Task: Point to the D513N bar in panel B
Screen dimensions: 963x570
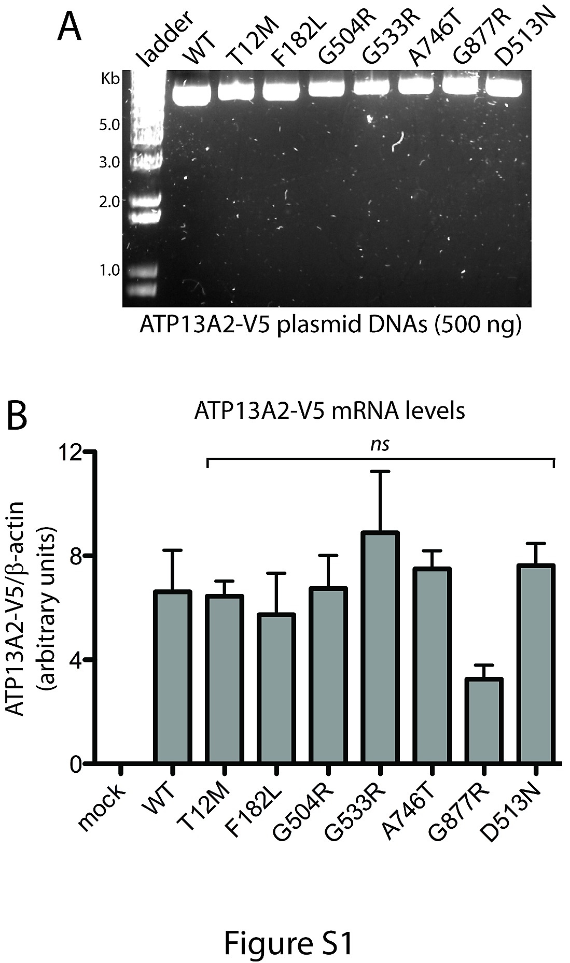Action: click(536, 664)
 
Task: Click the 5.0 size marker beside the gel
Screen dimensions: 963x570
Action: click(111, 124)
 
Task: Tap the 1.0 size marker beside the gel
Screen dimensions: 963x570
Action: click(111, 270)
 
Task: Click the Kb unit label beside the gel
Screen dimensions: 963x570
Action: click(111, 79)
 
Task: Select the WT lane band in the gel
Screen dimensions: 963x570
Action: click(189, 91)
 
